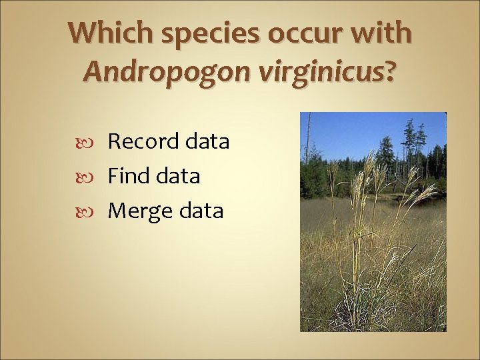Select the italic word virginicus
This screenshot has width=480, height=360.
(x=319, y=71)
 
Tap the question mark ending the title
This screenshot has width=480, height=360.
(x=390, y=71)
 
